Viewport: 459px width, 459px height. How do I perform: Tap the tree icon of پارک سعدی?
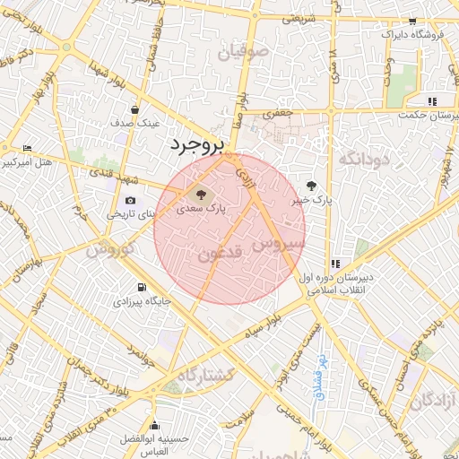(200, 193)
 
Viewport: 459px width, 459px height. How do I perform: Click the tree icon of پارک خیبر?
(311, 186)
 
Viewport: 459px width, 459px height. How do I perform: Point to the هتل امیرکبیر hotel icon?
(27, 148)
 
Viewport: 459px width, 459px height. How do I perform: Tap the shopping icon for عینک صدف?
(134, 110)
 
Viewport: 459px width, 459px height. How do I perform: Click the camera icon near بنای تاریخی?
(131, 201)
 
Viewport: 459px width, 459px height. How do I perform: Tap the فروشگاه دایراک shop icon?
(413, 22)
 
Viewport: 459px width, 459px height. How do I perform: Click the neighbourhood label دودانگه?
(366, 160)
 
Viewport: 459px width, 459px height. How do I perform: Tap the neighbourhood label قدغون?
(221, 255)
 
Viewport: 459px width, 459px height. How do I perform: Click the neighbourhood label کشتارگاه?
(207, 374)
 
